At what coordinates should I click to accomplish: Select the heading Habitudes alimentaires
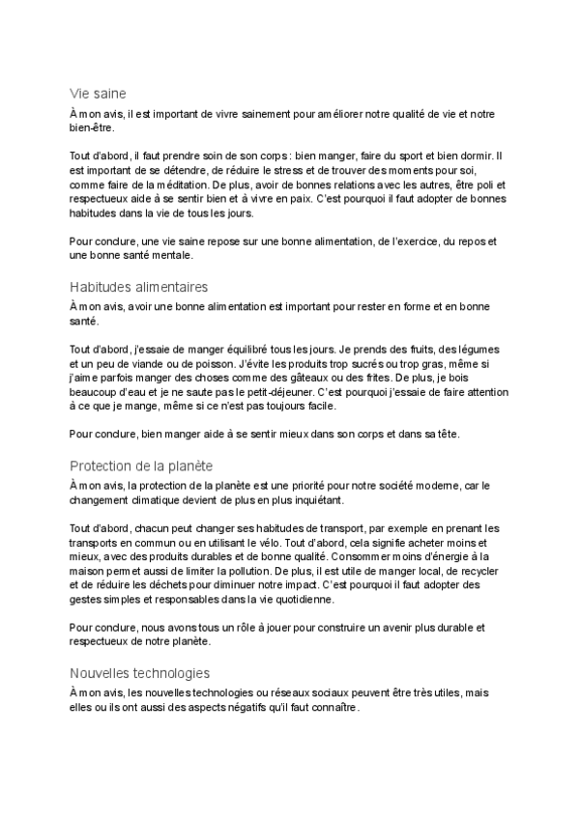[x=139, y=287]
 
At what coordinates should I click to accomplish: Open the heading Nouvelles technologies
[x=140, y=673]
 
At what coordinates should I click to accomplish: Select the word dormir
[x=488, y=154]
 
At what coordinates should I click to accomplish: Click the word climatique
[x=145, y=501]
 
